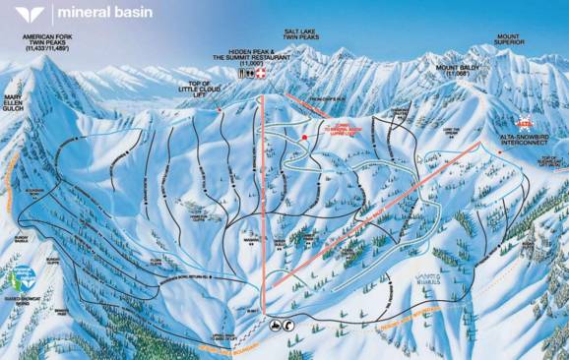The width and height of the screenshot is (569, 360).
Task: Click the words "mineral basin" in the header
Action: click(98, 14)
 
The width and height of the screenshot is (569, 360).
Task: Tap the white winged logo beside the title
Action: click(31, 14)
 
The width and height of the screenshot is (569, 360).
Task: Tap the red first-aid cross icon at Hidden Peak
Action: click(261, 74)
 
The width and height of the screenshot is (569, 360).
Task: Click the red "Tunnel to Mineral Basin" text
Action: click(336, 128)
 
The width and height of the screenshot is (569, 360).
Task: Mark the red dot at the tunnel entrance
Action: click(305, 136)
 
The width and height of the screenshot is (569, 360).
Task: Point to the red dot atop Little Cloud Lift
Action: click(219, 109)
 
